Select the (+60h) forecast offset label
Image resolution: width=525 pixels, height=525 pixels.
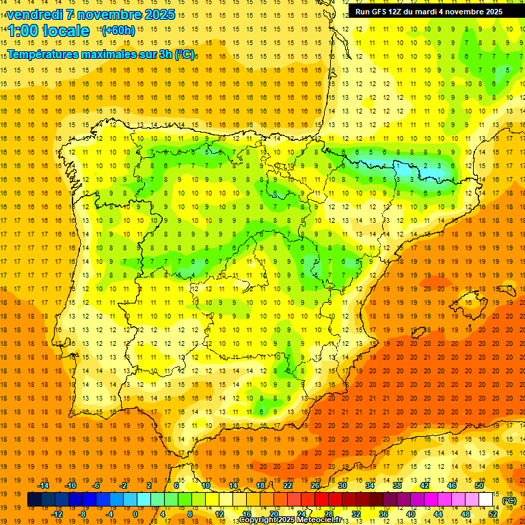click(x=118, y=30)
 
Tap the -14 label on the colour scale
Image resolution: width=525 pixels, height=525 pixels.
click(x=44, y=485)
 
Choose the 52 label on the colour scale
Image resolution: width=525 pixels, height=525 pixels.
click(x=493, y=514)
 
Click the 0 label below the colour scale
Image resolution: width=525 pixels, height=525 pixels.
click(x=135, y=514)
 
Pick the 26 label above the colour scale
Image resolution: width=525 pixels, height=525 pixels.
click(x=315, y=485)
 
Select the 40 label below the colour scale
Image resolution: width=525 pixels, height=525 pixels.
click(x=411, y=514)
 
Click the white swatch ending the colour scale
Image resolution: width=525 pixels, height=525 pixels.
click(x=485, y=500)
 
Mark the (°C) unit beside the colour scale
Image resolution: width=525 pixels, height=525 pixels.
click(x=509, y=500)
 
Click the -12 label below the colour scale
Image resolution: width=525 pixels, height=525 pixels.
click(x=57, y=514)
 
